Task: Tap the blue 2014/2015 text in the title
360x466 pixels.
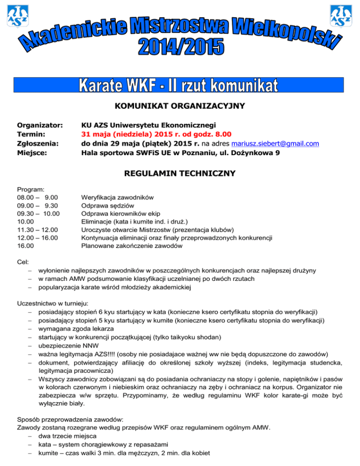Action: pos(181,47)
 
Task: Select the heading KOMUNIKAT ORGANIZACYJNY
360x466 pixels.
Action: pos(180,106)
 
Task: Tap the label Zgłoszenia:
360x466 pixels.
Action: pos(37,143)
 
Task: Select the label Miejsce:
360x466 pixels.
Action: pos(32,152)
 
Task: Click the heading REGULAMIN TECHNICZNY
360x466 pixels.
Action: pos(180,174)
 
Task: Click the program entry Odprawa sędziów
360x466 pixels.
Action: pos(108,205)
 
